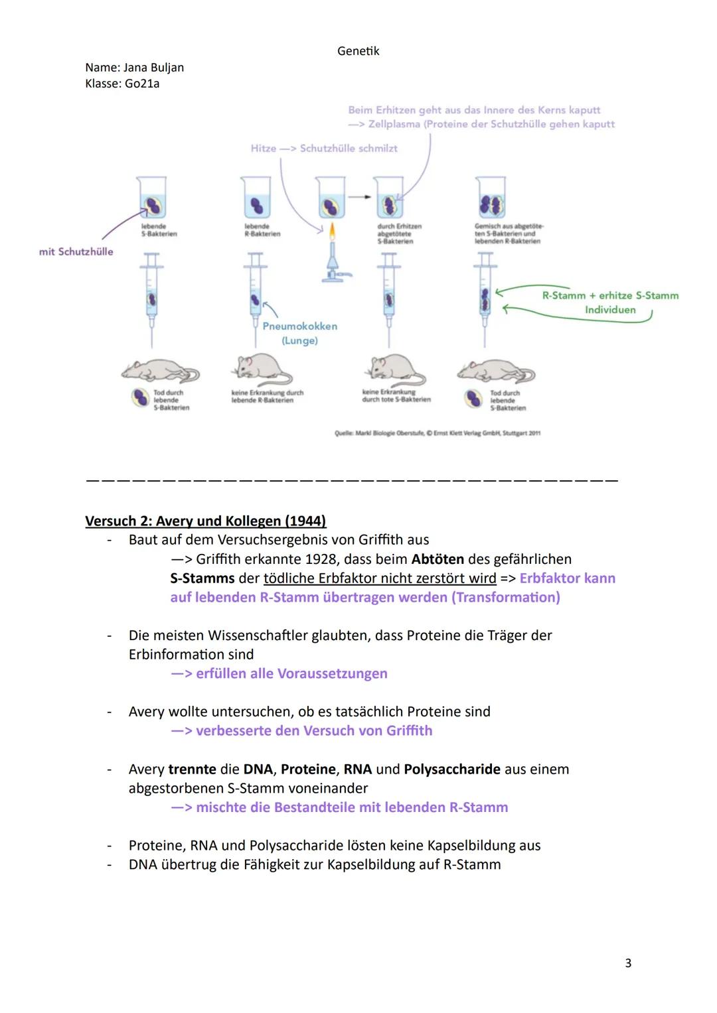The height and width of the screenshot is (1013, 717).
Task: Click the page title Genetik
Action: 358,51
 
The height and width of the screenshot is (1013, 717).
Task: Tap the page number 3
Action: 628,963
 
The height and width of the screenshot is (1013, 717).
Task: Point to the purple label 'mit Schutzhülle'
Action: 76,251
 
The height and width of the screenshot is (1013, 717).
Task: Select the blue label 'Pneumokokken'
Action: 299,326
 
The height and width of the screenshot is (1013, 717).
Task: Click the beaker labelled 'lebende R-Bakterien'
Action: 256,198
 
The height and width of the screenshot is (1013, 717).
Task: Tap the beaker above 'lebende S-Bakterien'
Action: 152,198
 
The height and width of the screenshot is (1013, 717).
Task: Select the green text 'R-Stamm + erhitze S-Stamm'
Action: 610,295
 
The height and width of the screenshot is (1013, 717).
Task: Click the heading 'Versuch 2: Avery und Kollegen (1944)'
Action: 206,521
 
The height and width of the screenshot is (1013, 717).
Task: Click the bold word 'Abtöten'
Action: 438,559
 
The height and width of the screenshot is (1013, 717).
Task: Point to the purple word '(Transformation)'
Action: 506,597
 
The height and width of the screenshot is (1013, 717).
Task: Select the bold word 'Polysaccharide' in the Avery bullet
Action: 452,769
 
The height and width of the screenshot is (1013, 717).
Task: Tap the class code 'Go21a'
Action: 142,84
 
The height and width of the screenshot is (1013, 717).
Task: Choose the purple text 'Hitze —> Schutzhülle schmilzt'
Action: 324,148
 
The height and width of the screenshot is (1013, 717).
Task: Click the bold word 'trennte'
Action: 192,769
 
